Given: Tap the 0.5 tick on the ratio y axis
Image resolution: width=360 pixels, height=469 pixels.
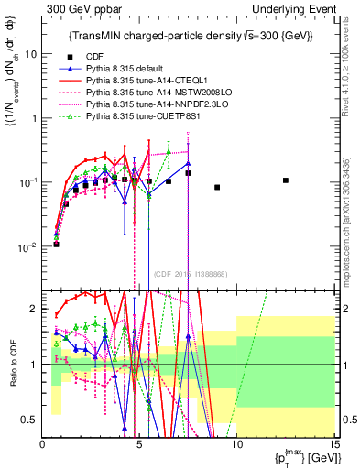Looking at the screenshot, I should pos(28,420).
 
